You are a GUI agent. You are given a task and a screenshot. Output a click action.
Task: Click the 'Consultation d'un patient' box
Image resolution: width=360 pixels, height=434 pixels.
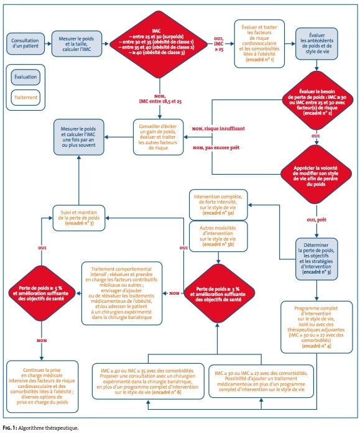(25, 43)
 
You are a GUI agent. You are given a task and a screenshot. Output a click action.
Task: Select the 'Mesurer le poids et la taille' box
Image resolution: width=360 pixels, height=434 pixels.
(76, 44)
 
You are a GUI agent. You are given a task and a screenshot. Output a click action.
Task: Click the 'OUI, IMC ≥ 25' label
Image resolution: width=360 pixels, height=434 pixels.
(219, 44)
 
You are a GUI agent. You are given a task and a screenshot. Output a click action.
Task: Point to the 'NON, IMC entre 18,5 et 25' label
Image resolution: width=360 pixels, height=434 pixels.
(160, 99)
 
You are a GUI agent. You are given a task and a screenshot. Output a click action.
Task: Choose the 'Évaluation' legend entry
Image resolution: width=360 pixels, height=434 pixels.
(25, 77)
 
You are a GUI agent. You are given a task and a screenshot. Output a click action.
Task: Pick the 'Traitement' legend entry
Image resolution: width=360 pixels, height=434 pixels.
(25, 98)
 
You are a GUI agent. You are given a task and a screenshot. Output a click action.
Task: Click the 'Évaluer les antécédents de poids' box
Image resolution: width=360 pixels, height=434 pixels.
(316, 44)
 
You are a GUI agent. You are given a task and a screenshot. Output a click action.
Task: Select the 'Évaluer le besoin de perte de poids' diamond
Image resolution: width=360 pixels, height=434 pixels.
(316, 101)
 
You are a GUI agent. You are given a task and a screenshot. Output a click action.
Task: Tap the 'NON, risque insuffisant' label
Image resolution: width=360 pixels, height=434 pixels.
(218, 129)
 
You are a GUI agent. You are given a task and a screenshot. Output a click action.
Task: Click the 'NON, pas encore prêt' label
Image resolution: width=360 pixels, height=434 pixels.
(216, 148)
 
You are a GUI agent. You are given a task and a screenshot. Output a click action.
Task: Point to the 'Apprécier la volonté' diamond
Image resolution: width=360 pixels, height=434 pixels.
(316, 174)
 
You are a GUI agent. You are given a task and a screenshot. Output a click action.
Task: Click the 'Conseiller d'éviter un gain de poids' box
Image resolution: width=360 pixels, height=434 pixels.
(158, 137)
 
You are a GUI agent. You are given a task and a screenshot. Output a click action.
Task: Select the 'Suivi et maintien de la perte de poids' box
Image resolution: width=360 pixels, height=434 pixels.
(79, 218)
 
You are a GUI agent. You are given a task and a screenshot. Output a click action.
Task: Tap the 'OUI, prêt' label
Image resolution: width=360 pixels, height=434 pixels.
(316, 219)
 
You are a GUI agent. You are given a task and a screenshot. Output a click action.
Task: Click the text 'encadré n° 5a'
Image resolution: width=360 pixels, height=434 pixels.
(218, 213)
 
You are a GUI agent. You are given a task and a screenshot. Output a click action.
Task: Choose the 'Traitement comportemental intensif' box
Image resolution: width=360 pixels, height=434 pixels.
(122, 293)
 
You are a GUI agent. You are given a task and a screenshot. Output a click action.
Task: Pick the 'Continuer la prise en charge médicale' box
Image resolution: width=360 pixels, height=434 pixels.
(42, 386)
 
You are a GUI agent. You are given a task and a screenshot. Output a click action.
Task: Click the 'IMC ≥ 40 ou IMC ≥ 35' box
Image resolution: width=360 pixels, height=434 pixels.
(148, 381)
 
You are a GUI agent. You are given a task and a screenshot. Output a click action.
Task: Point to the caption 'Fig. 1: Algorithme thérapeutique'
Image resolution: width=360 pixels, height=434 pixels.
(40, 428)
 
